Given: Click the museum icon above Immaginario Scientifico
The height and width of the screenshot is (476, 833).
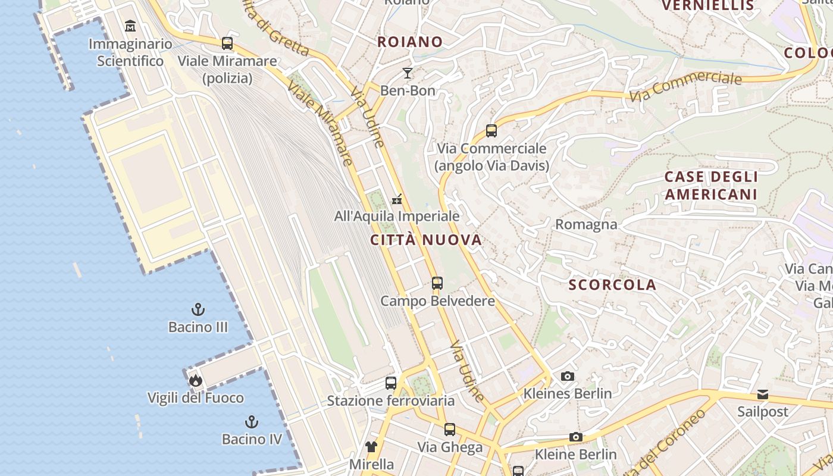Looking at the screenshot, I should (x=130, y=26).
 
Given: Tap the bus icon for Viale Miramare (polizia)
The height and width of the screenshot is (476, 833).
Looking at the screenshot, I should (x=227, y=43).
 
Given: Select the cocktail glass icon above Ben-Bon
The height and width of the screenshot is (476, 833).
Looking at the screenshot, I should (x=408, y=73).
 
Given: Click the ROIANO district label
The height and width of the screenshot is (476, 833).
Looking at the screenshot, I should (x=411, y=42).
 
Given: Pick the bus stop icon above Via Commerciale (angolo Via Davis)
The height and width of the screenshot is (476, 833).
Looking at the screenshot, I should (x=491, y=131).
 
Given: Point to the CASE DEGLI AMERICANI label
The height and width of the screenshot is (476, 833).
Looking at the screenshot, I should (x=711, y=186).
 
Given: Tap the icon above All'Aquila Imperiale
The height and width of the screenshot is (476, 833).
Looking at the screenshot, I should (x=397, y=199).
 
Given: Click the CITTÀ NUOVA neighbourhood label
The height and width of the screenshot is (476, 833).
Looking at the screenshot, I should (x=426, y=240).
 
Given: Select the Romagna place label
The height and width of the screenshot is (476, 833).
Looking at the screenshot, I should (x=586, y=224).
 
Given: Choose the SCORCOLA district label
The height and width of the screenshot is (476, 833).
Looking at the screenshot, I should (x=612, y=285).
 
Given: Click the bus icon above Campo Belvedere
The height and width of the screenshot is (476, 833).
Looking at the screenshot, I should (x=437, y=283).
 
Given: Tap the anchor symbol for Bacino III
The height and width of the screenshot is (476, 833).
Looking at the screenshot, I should (x=198, y=309).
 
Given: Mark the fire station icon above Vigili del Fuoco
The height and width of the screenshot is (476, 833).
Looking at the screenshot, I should (x=196, y=380).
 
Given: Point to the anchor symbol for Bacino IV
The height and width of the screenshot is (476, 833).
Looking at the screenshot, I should (x=252, y=422).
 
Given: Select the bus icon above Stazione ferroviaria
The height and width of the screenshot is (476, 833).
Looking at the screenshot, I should (x=391, y=383).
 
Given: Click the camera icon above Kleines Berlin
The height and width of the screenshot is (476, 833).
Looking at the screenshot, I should (x=568, y=376).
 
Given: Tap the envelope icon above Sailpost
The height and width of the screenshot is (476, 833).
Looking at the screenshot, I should (x=763, y=394).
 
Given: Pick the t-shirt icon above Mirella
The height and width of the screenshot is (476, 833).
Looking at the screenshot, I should (x=371, y=446).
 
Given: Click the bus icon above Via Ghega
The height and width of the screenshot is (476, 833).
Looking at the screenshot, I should (x=450, y=430).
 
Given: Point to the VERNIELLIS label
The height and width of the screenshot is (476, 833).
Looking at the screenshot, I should (x=708, y=6).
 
